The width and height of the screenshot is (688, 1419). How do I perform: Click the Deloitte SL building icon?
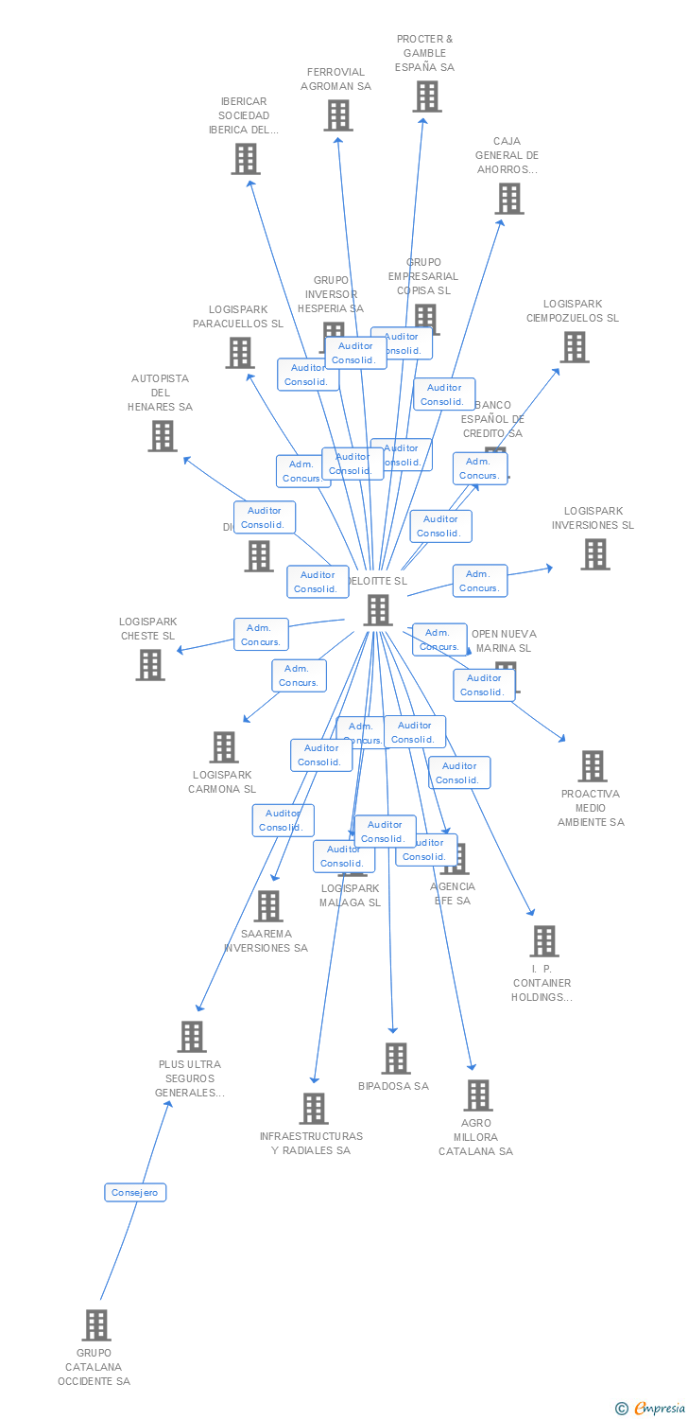378,610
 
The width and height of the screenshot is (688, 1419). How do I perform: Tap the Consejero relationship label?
135,1193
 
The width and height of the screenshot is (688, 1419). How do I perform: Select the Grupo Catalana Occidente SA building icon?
96,1325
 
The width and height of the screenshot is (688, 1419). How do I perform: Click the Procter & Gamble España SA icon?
426,96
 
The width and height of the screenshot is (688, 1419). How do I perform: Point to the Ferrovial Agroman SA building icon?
337,115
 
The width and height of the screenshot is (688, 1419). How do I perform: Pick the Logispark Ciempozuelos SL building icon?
574,347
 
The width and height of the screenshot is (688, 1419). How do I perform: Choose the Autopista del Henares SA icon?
163,436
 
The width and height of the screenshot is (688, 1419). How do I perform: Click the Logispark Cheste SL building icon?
150,665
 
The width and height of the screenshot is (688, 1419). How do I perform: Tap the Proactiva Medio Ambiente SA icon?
592,766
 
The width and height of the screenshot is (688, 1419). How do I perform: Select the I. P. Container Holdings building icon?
543,941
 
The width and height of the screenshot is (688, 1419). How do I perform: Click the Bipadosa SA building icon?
395,1059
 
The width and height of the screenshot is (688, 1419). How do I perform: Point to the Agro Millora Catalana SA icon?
477,1095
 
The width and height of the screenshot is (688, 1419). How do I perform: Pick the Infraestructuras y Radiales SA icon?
313,1109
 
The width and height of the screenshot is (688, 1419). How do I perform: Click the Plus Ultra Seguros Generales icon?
192,1037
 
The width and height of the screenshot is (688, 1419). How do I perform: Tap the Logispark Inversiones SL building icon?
594,554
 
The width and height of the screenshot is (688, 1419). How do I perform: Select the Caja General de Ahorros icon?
509,199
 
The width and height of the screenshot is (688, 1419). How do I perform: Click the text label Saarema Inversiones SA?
266,940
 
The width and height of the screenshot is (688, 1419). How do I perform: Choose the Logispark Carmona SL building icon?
224,747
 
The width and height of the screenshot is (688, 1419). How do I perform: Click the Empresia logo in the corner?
651,1409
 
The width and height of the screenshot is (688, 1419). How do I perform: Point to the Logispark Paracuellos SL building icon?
240,353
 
